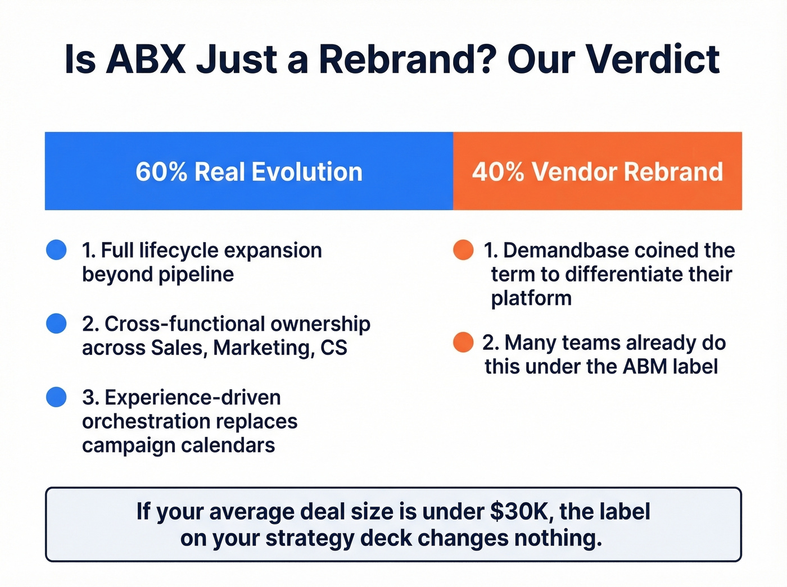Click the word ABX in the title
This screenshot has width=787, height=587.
coord(146,59)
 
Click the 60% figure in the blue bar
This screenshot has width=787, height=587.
coord(161,172)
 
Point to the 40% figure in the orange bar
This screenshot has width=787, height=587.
coord(497,172)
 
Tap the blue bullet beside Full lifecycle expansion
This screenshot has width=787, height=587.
coord(56,250)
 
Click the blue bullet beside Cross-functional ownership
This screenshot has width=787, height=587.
coord(56,324)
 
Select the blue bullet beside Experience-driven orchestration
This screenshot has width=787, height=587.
coord(56,397)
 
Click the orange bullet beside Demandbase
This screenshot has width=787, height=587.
coord(463,250)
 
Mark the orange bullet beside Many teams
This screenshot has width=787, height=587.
coord(463,342)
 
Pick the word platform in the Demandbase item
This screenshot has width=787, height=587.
coord(531,299)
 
